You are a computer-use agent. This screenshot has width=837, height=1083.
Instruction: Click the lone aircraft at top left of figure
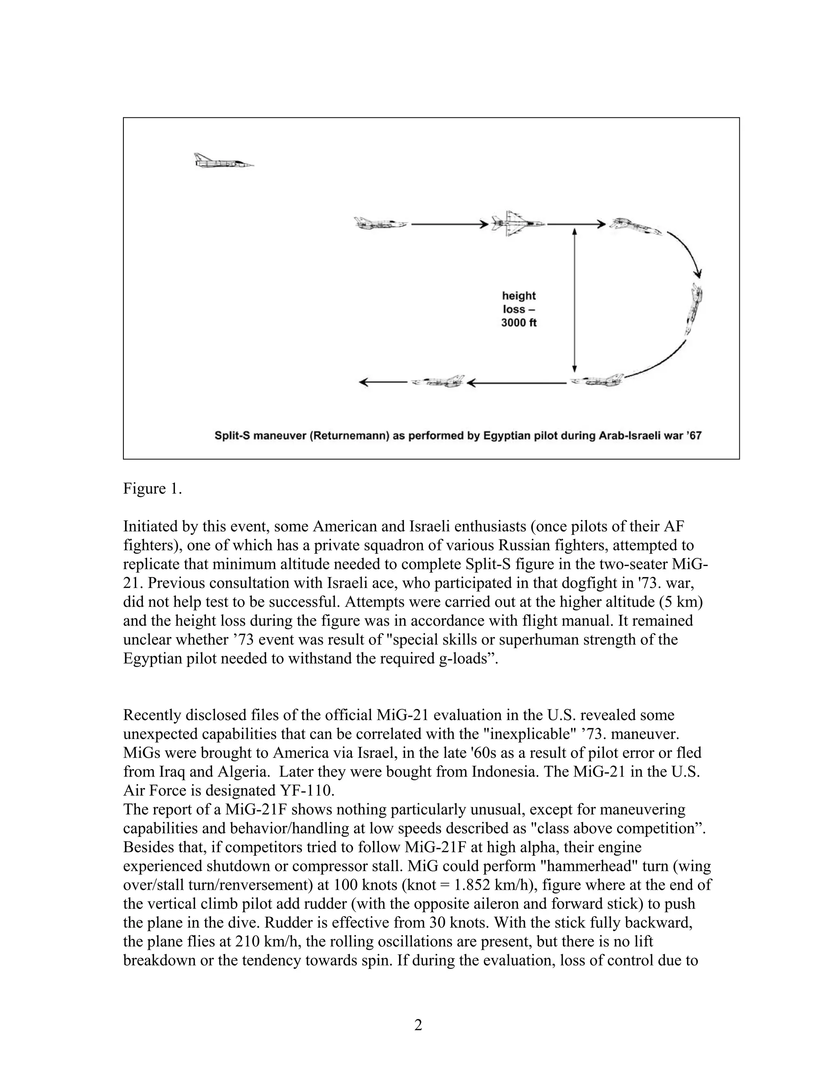pyautogui.click(x=223, y=161)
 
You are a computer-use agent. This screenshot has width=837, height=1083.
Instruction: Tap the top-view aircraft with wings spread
pyautogui.click(x=517, y=224)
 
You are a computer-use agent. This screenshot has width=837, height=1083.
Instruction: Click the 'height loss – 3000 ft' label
pyautogui.click(x=519, y=309)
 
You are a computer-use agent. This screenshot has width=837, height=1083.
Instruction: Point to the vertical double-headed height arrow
pyautogui.click(x=574, y=300)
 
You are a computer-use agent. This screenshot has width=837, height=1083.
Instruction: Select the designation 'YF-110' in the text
pyautogui.click(x=304, y=790)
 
